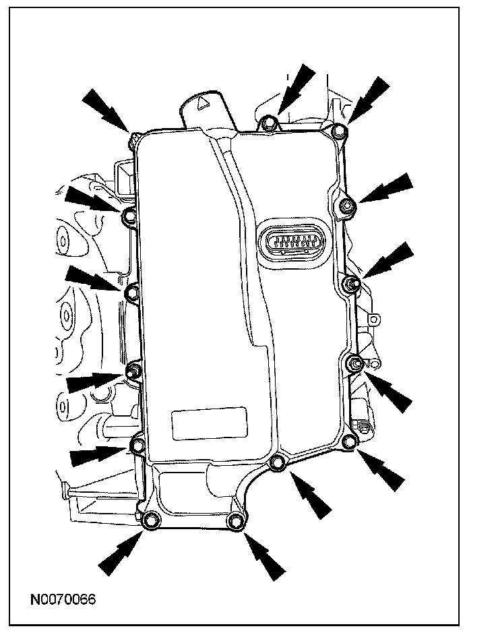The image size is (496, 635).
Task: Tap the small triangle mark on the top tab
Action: tap(200, 102)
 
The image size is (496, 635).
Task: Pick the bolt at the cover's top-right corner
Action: tap(340, 131)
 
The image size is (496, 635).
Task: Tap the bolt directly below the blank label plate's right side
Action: tap(277, 462)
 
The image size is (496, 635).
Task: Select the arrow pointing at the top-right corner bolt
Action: tap(369, 97)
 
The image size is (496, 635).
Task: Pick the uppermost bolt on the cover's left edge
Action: tap(129, 216)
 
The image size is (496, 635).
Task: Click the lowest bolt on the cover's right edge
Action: tap(348, 442)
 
